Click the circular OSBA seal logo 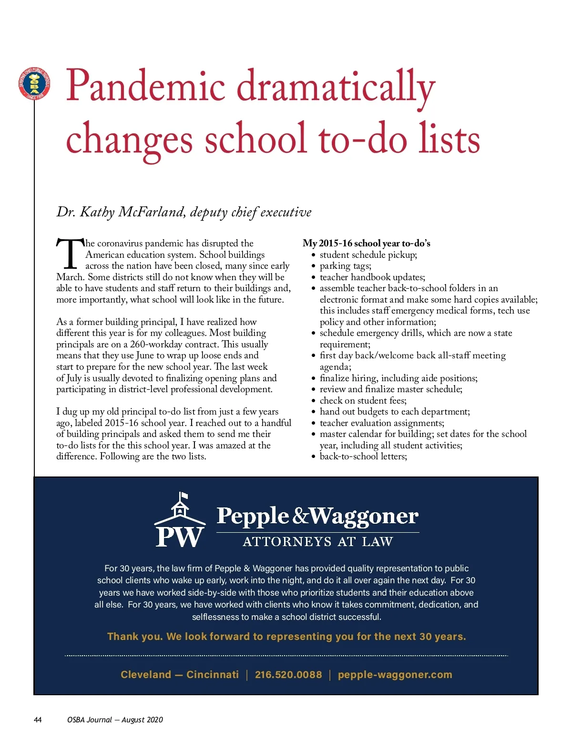pyautogui.click(x=34, y=84)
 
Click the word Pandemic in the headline pyautogui.click(x=145, y=86)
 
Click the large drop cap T pyautogui.click(x=70, y=253)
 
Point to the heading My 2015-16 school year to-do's pyautogui.click(x=366, y=243)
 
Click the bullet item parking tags pyautogui.click(x=345, y=266)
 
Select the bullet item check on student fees pyautogui.click(x=363, y=400)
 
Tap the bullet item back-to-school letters pyautogui.click(x=363, y=456)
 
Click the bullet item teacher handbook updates pyautogui.click(x=372, y=277)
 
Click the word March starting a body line pyautogui.click(x=70, y=277)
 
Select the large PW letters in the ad pyautogui.click(x=180, y=537)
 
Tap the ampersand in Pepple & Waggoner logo pyautogui.click(x=300, y=516)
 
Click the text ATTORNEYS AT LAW pyautogui.click(x=318, y=542)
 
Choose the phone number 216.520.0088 pyautogui.click(x=288, y=675)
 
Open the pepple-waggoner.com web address pyautogui.click(x=395, y=675)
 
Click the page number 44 pyautogui.click(x=38, y=720)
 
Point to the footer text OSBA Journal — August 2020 pyautogui.click(x=115, y=720)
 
